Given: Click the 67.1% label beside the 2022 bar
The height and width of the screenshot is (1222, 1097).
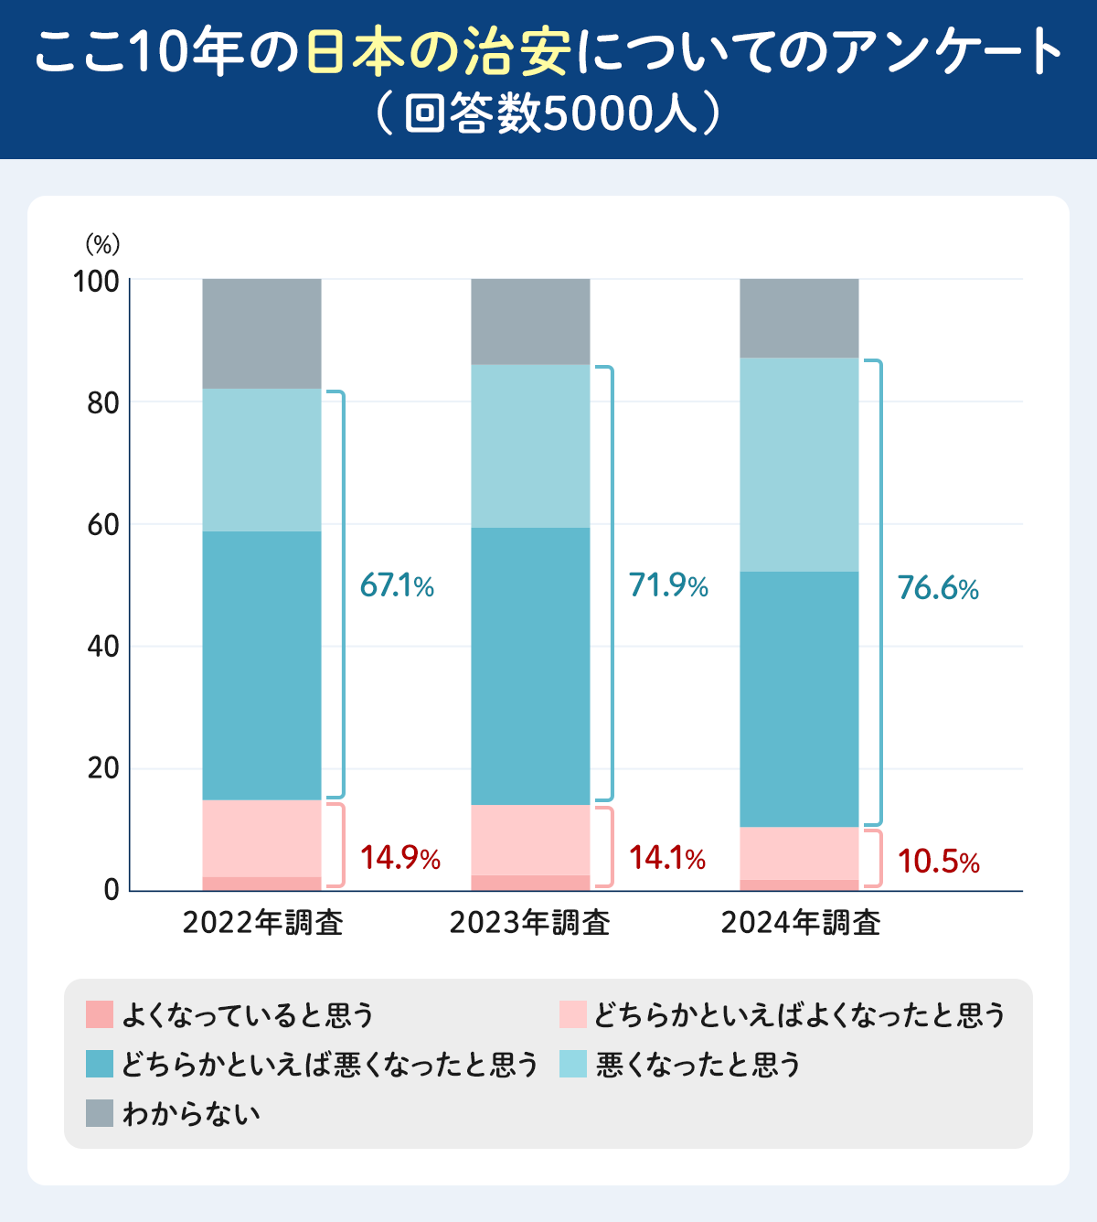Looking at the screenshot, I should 397,585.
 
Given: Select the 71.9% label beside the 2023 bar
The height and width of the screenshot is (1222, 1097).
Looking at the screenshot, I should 668,585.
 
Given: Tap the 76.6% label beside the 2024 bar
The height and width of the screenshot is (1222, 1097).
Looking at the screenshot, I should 938,588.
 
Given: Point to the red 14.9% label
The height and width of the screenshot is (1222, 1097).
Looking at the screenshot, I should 399,858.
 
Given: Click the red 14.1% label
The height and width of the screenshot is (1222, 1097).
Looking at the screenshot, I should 667,858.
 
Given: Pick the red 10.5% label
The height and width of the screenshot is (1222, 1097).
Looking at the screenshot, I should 938,862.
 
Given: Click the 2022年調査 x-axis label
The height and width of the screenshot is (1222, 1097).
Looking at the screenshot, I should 262,923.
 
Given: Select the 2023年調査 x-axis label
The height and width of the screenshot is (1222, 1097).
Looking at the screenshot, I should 530,923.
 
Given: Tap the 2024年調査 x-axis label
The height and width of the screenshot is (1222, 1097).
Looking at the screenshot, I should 800,923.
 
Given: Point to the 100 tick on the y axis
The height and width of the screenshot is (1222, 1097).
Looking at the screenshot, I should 97,282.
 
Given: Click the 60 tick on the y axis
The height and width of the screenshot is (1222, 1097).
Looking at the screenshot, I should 103,525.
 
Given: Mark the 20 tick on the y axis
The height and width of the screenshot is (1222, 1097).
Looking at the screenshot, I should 103,768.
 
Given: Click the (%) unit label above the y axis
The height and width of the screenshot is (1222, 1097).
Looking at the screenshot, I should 102,244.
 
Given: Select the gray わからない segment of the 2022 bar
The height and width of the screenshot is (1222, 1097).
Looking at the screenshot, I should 261,334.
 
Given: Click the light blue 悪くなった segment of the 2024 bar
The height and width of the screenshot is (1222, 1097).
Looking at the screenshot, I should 799,465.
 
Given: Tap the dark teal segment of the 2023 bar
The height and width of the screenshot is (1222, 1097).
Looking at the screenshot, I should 530,666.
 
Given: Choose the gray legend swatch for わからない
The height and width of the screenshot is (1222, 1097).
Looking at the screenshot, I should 99,1113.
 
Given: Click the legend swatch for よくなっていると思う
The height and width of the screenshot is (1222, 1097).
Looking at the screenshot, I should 99,1014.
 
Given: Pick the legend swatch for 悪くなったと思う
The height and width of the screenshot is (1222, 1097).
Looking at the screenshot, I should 573,1064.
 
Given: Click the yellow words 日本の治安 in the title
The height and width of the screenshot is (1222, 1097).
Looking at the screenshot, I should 438,53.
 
